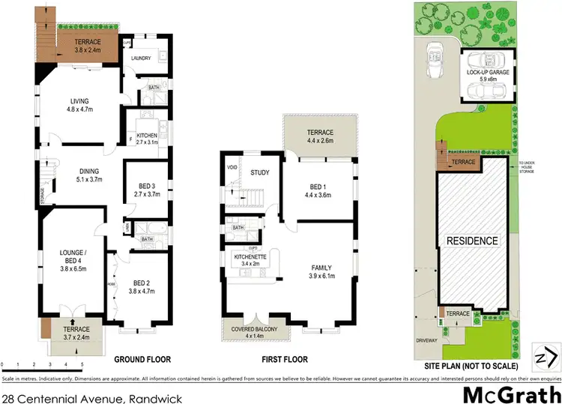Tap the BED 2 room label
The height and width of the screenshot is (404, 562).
tap(142, 287)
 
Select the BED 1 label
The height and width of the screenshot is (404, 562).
tap(318, 190)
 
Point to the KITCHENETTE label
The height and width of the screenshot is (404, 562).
tap(251, 259)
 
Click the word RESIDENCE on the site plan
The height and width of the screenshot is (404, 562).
tap(473, 241)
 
